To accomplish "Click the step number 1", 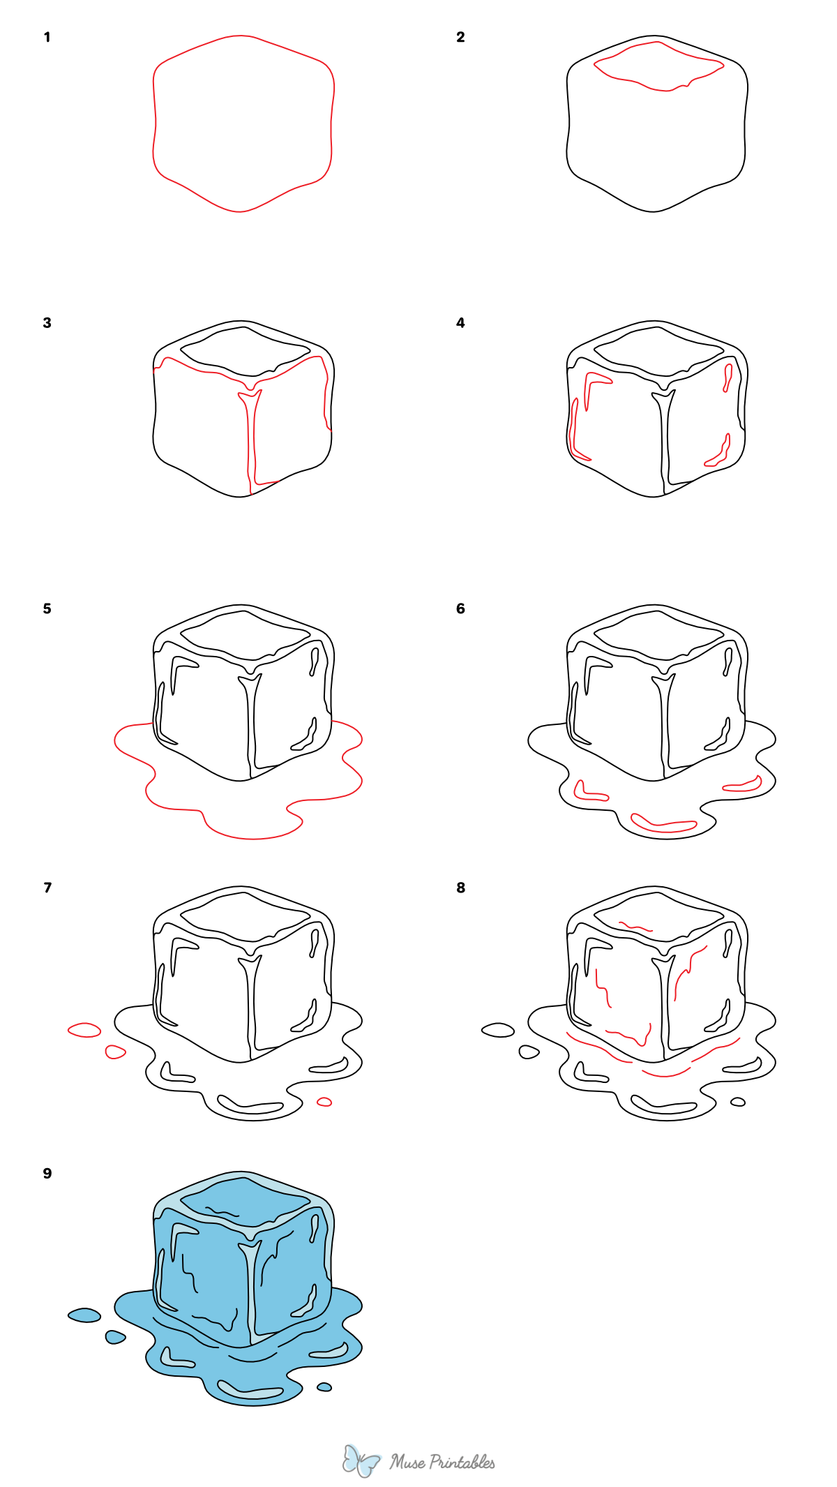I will (x=47, y=37).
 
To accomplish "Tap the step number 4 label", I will (x=460, y=322).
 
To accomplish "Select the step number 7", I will (x=47, y=888).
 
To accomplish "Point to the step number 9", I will (x=47, y=1173).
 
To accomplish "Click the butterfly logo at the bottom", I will (x=361, y=1460).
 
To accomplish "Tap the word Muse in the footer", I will (x=407, y=1462).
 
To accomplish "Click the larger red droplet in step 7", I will (x=84, y=1030).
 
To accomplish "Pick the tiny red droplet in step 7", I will (x=324, y=1102).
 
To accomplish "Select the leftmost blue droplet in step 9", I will (x=84, y=1315).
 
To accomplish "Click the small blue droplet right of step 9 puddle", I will (x=324, y=1387).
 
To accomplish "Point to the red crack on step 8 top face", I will (x=635, y=927).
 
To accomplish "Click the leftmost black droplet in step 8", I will (x=498, y=1030).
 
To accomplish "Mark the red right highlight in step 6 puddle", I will (x=744, y=786).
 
